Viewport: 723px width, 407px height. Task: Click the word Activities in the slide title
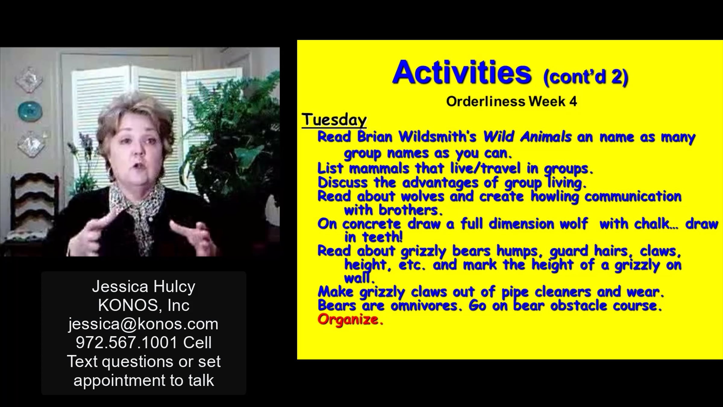pos(462,72)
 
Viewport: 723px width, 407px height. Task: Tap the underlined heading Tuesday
pos(334,120)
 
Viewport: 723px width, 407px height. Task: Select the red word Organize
pos(350,320)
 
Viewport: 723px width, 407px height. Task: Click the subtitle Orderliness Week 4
pos(512,102)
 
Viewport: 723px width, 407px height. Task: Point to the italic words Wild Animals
pos(527,137)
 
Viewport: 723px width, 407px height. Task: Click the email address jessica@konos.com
pos(143,324)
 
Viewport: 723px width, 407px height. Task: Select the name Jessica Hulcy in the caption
pos(144,286)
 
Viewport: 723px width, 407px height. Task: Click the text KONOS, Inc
pos(144,305)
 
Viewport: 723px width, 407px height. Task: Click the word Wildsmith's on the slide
pos(437,137)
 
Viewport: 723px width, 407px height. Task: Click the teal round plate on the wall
pos(30,111)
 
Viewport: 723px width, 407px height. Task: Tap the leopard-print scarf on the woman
pos(137,211)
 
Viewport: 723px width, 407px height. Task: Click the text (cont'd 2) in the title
pos(586,77)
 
